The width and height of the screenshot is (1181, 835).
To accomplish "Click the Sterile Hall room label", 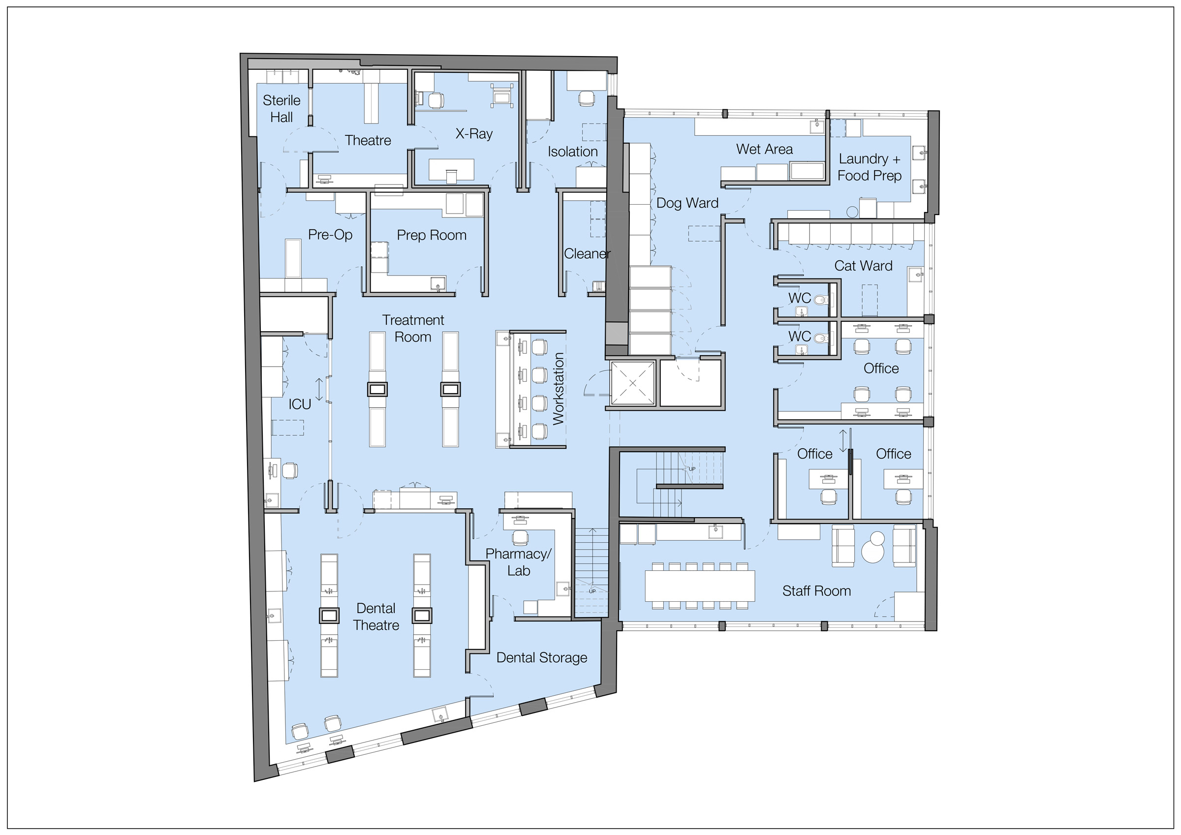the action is pyautogui.click(x=281, y=109).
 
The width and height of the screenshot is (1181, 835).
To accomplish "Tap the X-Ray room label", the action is pyautogui.click(x=474, y=134).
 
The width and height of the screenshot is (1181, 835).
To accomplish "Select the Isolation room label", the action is pyautogui.click(x=572, y=152).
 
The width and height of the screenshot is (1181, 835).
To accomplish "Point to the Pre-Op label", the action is pyautogui.click(x=330, y=235).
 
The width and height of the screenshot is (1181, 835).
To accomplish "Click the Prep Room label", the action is pyautogui.click(x=432, y=235).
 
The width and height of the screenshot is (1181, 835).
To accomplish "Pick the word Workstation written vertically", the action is pyautogui.click(x=558, y=388).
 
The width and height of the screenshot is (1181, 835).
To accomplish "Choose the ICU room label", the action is pyautogui.click(x=299, y=404).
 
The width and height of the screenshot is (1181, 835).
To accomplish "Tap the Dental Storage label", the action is pyautogui.click(x=542, y=657).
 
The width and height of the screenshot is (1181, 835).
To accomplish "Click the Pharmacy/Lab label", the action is pyautogui.click(x=519, y=562).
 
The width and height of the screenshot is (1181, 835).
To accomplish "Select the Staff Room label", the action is pyautogui.click(x=816, y=590).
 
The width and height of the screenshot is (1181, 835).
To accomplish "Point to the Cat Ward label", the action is pyautogui.click(x=863, y=266).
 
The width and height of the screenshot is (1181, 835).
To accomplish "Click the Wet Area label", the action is pyautogui.click(x=764, y=149).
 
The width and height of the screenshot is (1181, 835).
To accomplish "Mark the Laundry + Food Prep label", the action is pyautogui.click(x=870, y=167).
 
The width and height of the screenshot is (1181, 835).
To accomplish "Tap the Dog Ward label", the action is pyautogui.click(x=687, y=203).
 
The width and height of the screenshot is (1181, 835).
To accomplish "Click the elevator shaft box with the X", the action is pyautogui.click(x=632, y=383).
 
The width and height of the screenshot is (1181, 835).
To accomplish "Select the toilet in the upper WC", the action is pyautogui.click(x=821, y=300).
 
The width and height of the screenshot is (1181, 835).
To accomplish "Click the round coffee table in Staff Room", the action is pyautogui.click(x=872, y=549).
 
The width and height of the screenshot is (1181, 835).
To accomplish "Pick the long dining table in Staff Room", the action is pyautogui.click(x=700, y=586).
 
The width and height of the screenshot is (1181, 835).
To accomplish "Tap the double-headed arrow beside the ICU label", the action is pyautogui.click(x=319, y=390).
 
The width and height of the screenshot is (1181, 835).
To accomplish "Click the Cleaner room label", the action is pyautogui.click(x=587, y=253).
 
